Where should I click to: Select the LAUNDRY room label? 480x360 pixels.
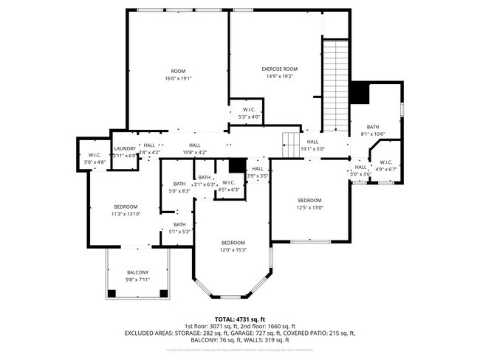tap(124, 148)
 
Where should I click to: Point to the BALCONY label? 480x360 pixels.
tap(137, 272)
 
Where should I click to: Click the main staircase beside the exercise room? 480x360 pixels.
tap(335, 85)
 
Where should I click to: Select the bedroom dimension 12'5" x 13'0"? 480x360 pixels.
tap(309, 207)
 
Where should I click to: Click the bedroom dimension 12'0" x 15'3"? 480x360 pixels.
tap(233, 249)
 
